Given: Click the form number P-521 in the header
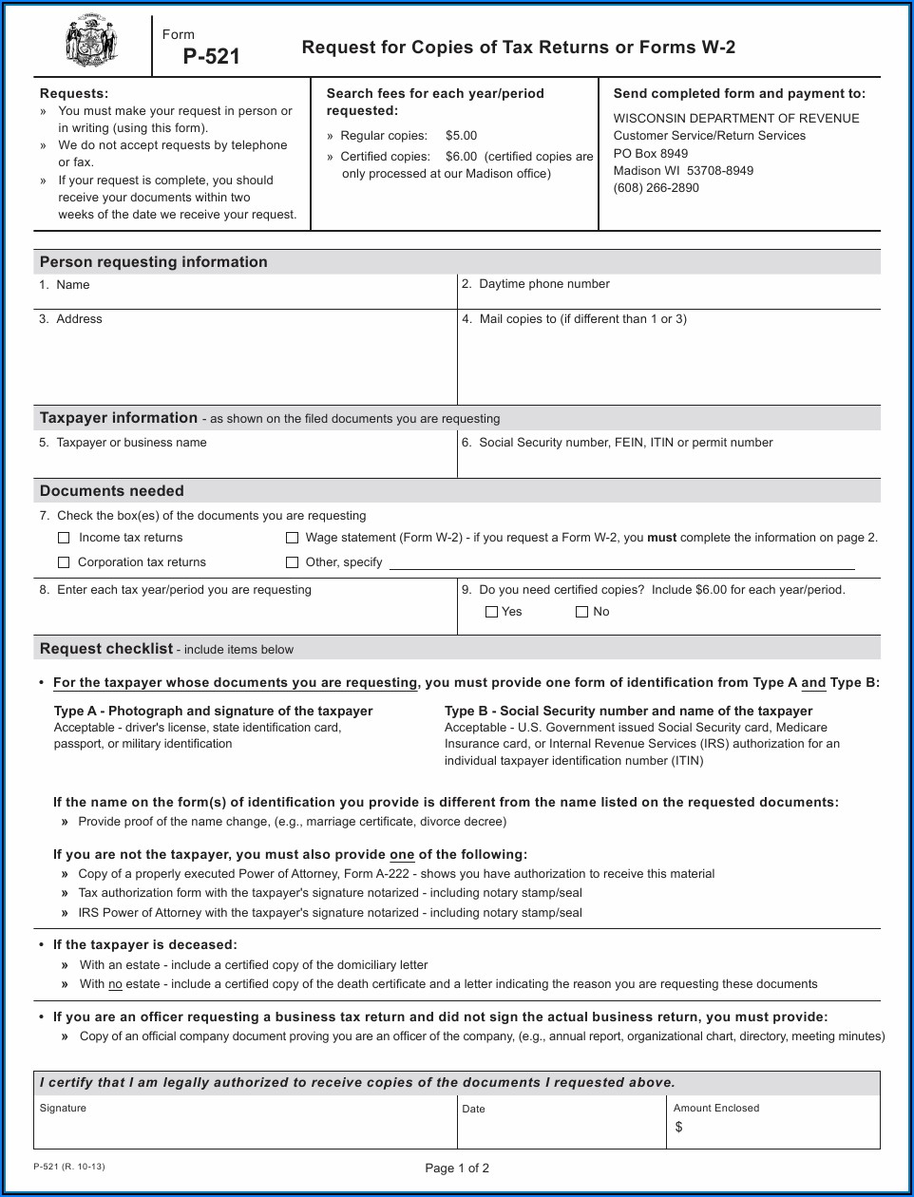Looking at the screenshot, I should [x=211, y=57].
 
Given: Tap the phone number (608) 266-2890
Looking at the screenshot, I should [x=656, y=188].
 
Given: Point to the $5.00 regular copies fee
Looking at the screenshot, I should [x=461, y=136].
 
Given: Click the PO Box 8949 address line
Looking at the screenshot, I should [x=650, y=153].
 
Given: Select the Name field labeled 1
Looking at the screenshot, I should [x=245, y=295].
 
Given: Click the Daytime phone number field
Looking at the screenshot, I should [x=669, y=295].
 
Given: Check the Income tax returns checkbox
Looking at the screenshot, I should [x=64, y=538].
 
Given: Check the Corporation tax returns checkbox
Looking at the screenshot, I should [x=64, y=562].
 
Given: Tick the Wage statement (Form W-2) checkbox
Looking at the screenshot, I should [x=293, y=538].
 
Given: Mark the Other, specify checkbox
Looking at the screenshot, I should [x=293, y=562].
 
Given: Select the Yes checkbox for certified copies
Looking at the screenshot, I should [x=491, y=612].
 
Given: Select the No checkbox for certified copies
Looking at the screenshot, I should [x=582, y=612].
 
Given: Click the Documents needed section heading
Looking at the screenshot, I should [x=112, y=491].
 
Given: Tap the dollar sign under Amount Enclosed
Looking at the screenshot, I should [x=678, y=1128].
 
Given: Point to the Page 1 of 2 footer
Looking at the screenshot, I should [x=457, y=1168].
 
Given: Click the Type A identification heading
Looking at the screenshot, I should [x=213, y=711].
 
